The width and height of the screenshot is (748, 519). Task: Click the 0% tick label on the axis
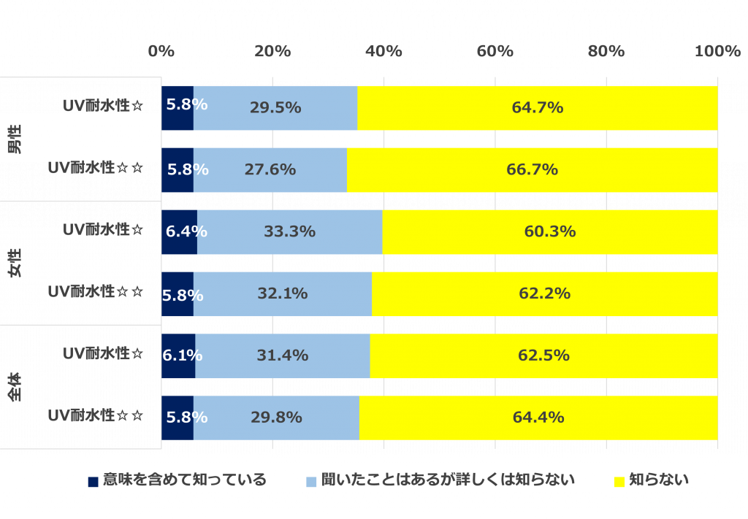point(161,51)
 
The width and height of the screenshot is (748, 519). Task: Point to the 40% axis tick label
point(383,51)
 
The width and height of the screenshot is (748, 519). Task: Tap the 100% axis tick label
point(717,51)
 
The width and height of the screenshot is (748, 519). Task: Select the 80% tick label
point(606,51)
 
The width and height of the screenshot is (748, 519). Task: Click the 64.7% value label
point(537,108)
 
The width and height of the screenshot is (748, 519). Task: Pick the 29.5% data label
point(275,108)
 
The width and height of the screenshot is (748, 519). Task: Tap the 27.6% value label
point(270,170)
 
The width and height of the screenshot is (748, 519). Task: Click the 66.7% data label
point(532,170)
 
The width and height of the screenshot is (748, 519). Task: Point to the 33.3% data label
point(289,232)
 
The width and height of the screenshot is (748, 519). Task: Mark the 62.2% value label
point(544,294)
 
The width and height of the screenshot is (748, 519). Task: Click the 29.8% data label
point(276,418)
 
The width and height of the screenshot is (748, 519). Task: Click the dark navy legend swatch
point(93,482)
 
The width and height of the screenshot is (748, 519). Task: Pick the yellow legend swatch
point(619,482)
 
